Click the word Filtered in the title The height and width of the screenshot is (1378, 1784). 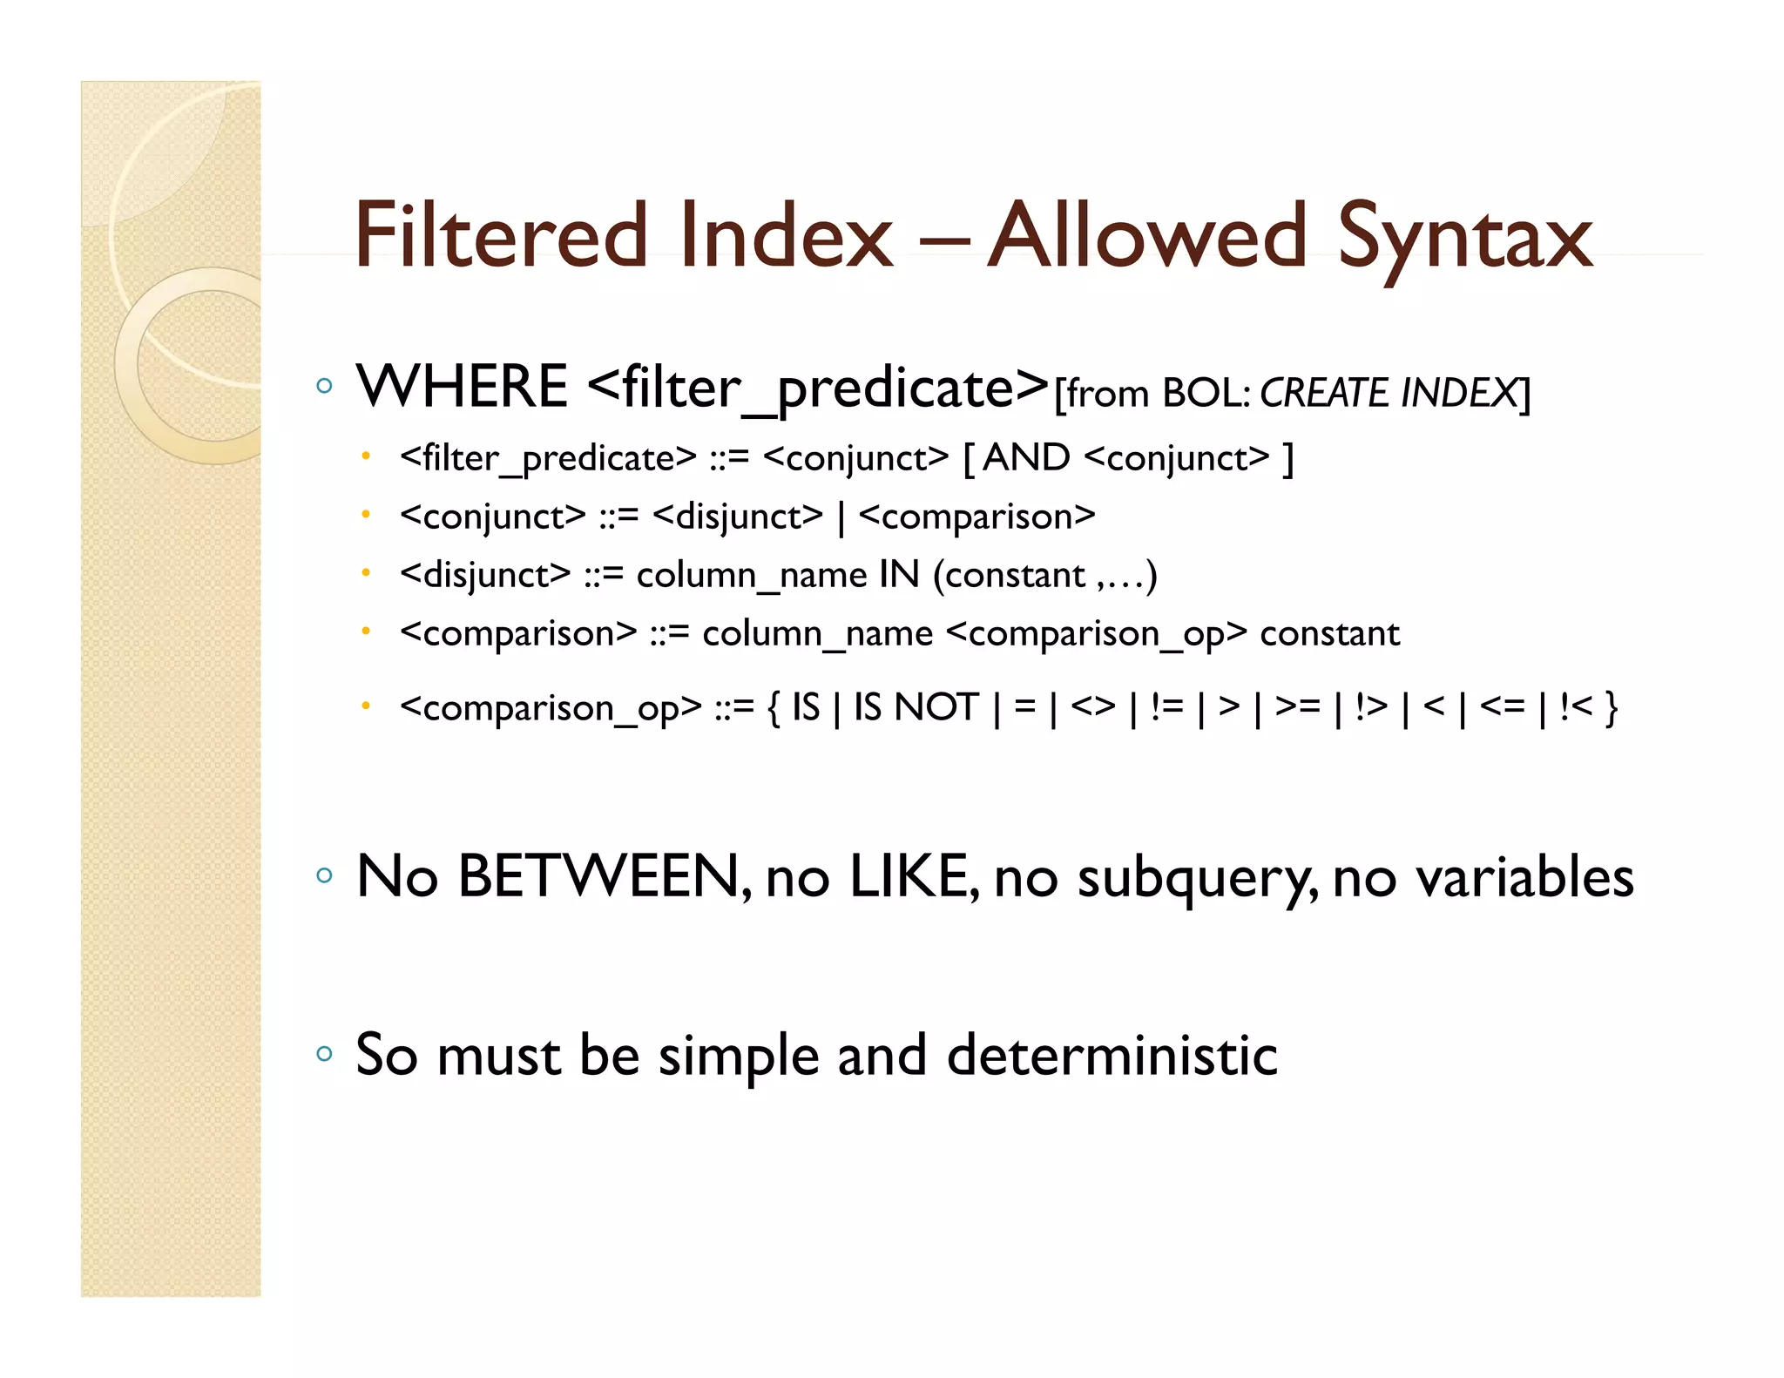tap(502, 235)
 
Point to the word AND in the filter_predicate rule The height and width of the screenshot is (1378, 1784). tap(1026, 457)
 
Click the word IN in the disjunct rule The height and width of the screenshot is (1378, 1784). tap(899, 575)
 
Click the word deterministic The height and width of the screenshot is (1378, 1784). tap(1112, 1055)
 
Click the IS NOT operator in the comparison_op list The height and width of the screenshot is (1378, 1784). tap(916, 706)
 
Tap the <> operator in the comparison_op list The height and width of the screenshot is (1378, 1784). tap(1093, 706)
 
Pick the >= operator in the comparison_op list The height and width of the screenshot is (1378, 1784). tap(1297, 706)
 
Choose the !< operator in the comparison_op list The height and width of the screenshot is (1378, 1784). tap(1576, 706)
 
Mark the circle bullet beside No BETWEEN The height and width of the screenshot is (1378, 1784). tap(325, 875)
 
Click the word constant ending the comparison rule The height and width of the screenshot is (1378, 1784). tap(1329, 633)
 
